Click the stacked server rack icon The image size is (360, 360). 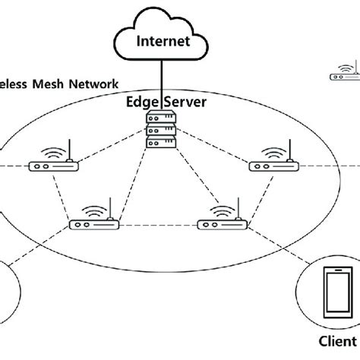tap(161, 131)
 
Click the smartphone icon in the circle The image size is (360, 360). tap(336, 293)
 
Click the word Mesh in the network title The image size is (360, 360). tap(50, 85)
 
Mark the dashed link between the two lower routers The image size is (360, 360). tap(158, 226)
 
